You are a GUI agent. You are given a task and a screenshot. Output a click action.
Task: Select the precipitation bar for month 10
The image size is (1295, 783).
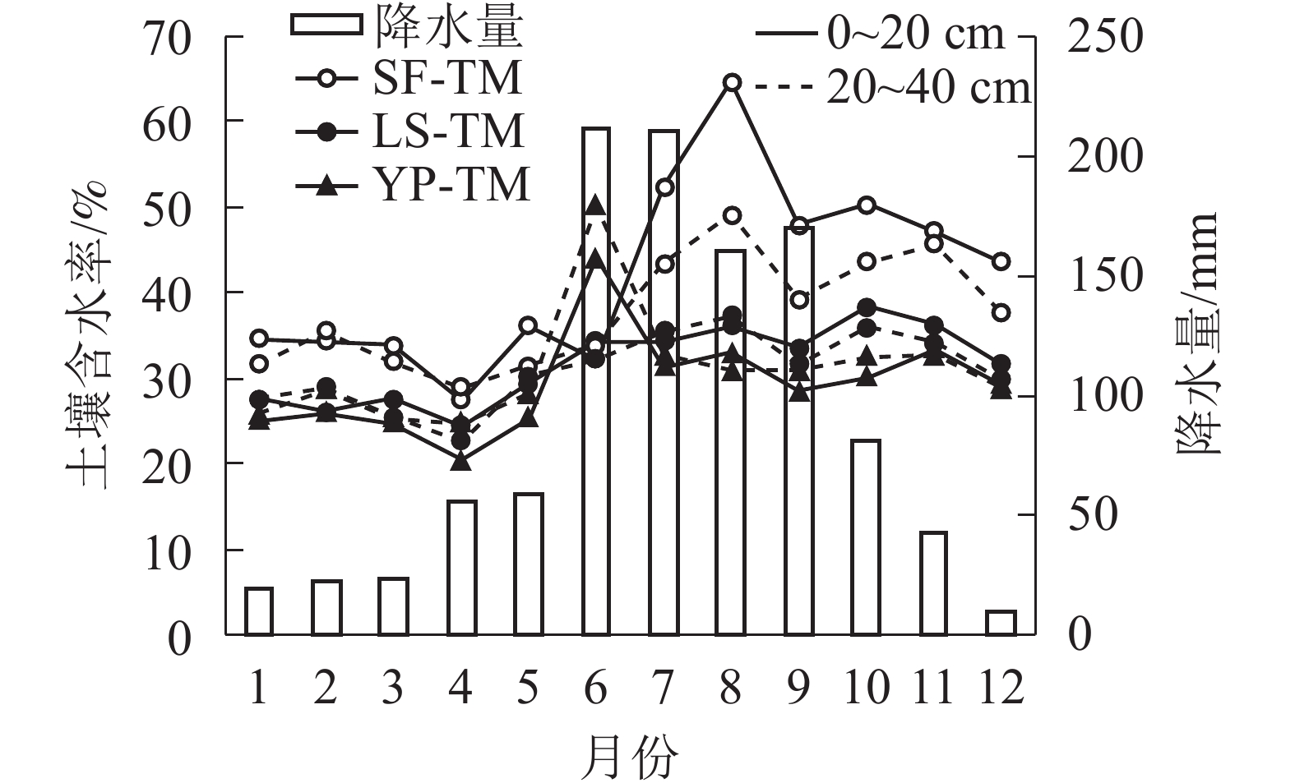point(866,537)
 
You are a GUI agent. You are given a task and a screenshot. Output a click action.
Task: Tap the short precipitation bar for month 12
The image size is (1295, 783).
point(1001,623)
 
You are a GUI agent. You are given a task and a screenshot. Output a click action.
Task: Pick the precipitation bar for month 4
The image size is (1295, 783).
point(462,568)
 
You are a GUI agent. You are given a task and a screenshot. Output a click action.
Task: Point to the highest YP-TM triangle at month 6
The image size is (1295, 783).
point(596,205)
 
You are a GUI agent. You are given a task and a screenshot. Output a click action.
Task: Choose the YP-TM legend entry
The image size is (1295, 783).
point(411,186)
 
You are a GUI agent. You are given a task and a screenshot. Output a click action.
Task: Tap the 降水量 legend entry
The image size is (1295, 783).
point(407,26)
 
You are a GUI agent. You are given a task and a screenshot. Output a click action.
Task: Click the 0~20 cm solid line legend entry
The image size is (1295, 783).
point(880,35)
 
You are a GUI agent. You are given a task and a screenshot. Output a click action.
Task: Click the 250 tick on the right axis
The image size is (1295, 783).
point(1104,37)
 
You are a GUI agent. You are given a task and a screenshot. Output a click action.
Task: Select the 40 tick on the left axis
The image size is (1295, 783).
point(169,293)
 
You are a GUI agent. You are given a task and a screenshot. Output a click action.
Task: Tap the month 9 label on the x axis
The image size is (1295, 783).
point(798,687)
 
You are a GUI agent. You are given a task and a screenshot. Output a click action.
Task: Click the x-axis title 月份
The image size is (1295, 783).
point(630,756)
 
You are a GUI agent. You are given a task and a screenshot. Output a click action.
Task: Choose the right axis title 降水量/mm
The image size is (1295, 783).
point(1196,333)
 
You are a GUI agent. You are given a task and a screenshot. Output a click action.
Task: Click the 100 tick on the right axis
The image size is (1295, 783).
point(1104,396)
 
